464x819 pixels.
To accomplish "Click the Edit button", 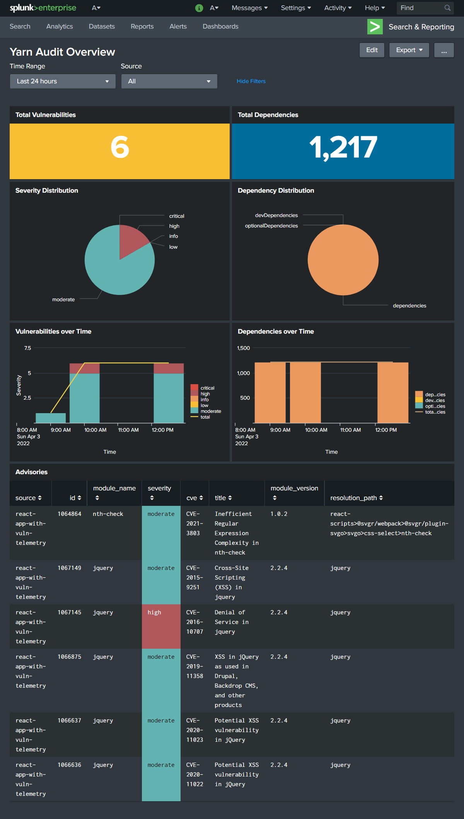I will pyautogui.click(x=372, y=50).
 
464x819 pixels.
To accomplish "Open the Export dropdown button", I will pyautogui.click(x=409, y=50).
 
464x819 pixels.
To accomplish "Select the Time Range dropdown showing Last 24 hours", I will pyautogui.click(x=63, y=81).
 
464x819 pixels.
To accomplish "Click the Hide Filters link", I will pyautogui.click(x=251, y=81).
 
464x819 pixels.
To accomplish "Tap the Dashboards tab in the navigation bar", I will pyautogui.click(x=220, y=27).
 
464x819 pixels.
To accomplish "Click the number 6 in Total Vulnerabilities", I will pyautogui.click(x=120, y=148).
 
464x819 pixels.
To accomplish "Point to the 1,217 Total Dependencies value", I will pyautogui.click(x=343, y=148).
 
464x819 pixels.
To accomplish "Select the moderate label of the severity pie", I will pyautogui.click(x=63, y=300).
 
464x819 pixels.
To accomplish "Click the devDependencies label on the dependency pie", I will pyautogui.click(x=276, y=215).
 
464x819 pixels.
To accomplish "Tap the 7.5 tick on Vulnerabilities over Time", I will pyautogui.click(x=27, y=348).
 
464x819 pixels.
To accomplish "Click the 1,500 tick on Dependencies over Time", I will pyautogui.click(x=243, y=348).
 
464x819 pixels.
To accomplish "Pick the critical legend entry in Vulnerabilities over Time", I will pyautogui.click(x=207, y=388).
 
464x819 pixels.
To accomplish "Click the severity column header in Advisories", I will pyautogui.click(x=159, y=488).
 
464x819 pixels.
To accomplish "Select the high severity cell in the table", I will pyautogui.click(x=161, y=626).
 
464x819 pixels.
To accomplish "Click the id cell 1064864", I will pyautogui.click(x=69, y=514).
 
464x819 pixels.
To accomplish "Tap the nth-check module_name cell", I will pyautogui.click(x=108, y=514).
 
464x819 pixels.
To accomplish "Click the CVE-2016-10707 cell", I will pyautogui.click(x=194, y=622).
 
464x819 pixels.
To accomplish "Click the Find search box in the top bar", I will pyautogui.click(x=421, y=8).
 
